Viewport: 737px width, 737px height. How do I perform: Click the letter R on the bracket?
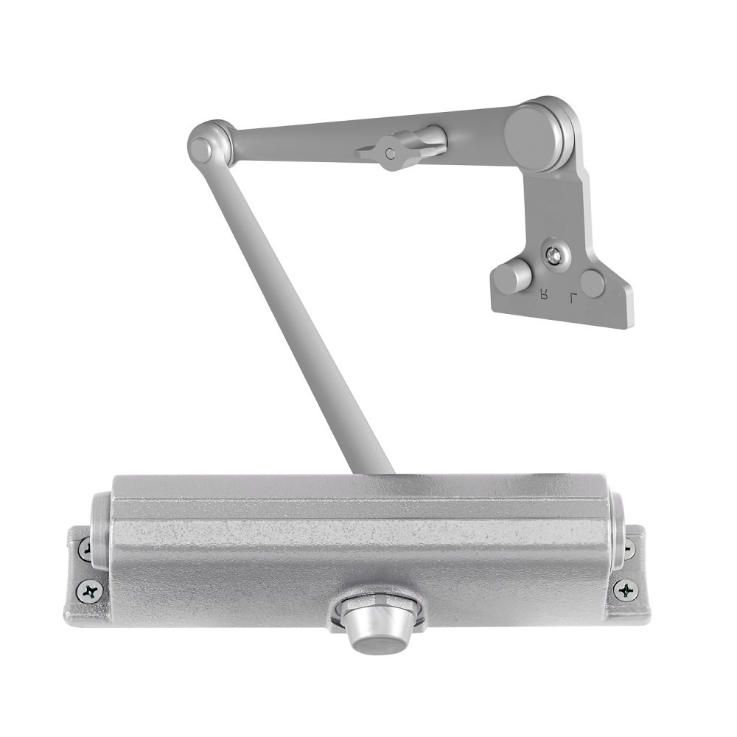coord(544,296)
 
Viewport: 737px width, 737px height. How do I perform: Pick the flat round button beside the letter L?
coord(593,283)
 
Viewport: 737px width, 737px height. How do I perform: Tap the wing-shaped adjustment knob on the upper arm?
coord(398,148)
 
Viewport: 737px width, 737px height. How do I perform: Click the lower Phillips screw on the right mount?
coord(626,589)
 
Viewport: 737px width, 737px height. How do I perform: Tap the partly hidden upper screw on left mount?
coord(85,548)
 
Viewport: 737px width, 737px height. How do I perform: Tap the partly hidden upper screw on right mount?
coord(628,548)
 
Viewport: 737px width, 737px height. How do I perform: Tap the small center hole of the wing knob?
coord(391,153)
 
